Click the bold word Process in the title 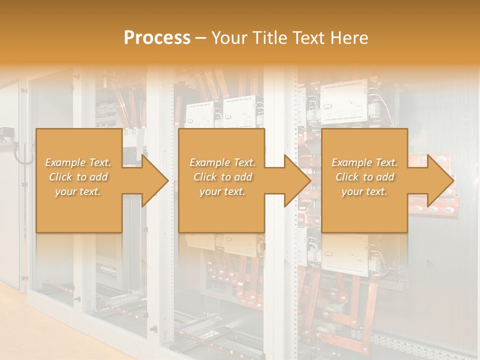[x=157, y=38]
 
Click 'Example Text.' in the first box [x=78, y=162]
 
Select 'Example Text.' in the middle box [x=222, y=162]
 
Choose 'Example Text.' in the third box [x=364, y=162]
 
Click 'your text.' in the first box [x=78, y=191]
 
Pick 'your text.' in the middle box [x=222, y=191]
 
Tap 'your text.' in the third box [x=364, y=191]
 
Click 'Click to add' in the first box [x=78, y=177]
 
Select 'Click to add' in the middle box [x=222, y=177]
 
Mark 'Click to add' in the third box [x=364, y=177]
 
